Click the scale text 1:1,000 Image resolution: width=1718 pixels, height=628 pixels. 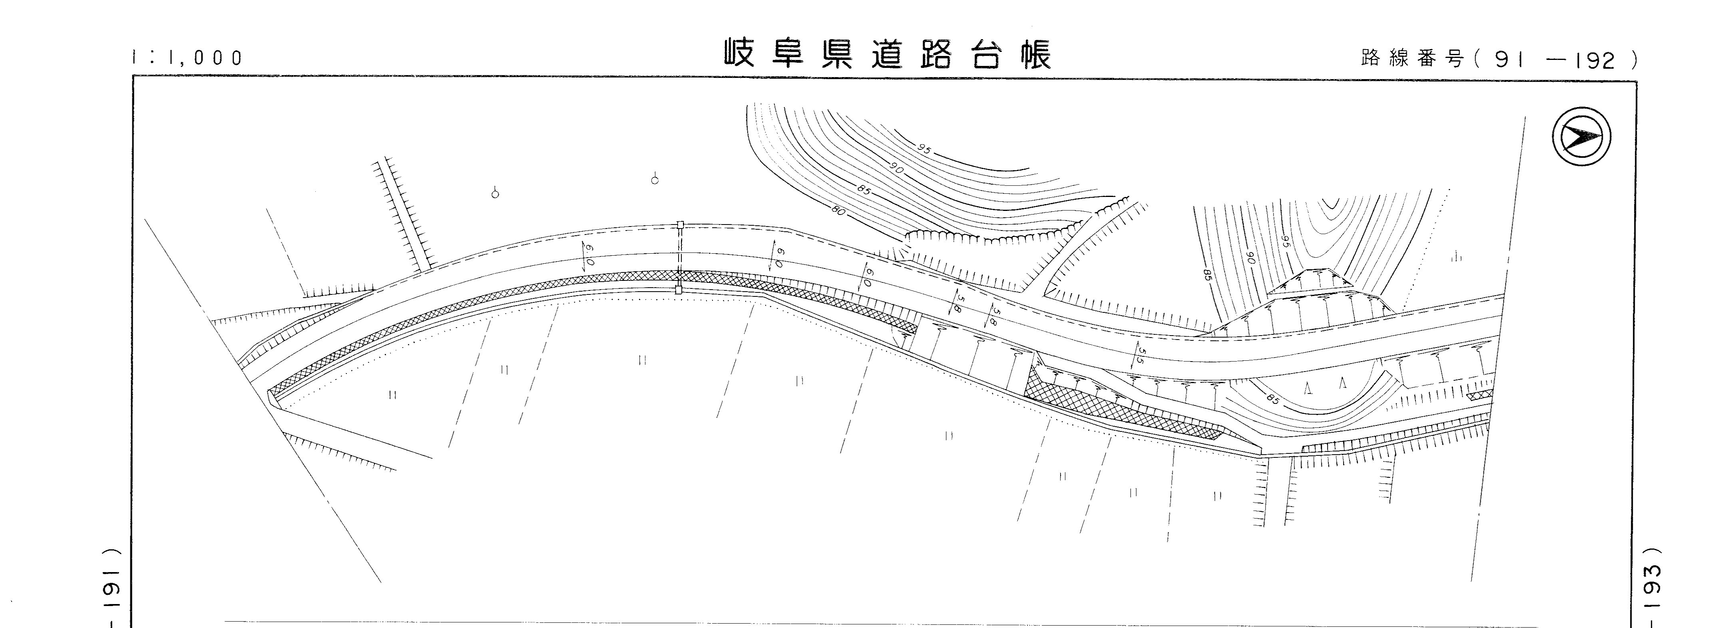(187, 58)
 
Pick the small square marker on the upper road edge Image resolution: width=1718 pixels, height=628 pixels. (680, 225)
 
